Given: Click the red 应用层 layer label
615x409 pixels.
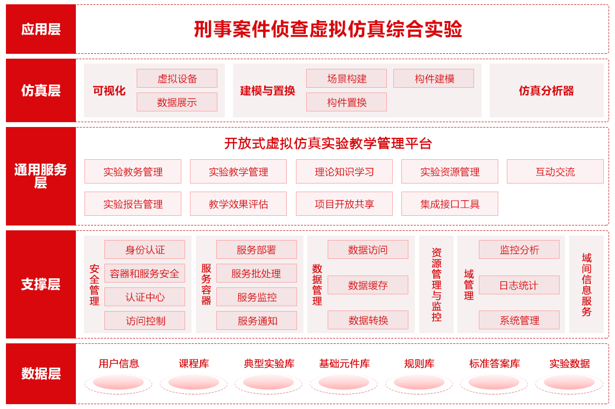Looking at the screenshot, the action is pyautogui.click(x=41, y=29).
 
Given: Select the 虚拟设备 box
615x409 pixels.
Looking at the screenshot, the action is pyautogui.click(x=177, y=79).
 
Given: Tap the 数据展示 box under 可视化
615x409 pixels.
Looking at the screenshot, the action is pyautogui.click(x=177, y=102).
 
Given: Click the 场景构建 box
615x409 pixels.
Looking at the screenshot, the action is pyautogui.click(x=347, y=79).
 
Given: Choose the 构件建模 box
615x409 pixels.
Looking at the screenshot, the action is pyautogui.click(x=433, y=79).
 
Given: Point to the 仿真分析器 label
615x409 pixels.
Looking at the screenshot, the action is pyautogui.click(x=546, y=91).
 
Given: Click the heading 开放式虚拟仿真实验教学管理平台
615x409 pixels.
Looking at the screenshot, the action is pyautogui.click(x=328, y=144).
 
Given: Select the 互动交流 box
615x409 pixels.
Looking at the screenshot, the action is pyautogui.click(x=555, y=171).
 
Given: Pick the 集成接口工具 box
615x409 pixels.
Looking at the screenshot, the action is pyautogui.click(x=449, y=203).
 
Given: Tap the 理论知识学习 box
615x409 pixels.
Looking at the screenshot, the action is pyautogui.click(x=344, y=171).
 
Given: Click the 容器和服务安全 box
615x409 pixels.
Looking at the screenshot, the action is pyautogui.click(x=145, y=273).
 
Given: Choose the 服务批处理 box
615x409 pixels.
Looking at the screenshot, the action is pyautogui.click(x=257, y=273).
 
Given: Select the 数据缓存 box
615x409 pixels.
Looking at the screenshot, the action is pyautogui.click(x=368, y=285).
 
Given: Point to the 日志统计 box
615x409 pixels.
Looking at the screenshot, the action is pyautogui.click(x=519, y=285).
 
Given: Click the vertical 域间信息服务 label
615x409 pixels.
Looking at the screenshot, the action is pyautogui.click(x=586, y=284).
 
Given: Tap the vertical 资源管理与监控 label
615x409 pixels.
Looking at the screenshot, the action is pyautogui.click(x=436, y=284).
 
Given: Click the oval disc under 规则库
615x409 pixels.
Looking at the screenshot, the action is pyautogui.click(x=419, y=383).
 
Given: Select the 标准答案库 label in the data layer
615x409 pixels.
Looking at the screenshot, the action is pyautogui.click(x=494, y=363).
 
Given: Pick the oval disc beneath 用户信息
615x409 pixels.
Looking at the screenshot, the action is pyautogui.click(x=118, y=383).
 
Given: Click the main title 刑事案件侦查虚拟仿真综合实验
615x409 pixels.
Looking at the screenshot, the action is pyautogui.click(x=328, y=29).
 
